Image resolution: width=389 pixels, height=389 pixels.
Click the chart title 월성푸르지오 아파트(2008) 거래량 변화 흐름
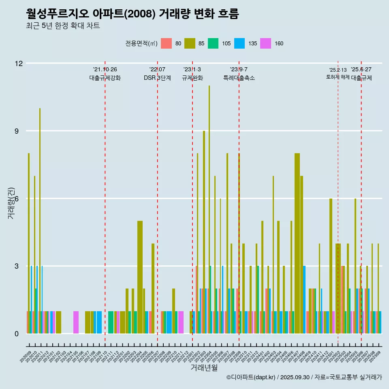[132, 14]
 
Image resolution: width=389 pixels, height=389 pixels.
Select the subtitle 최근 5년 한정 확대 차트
[63, 26]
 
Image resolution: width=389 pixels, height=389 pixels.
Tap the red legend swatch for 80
[167, 43]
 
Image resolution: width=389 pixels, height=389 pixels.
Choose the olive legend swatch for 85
[190, 43]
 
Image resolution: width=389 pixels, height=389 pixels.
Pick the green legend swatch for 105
[213, 43]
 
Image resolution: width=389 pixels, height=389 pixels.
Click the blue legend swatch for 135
[239, 43]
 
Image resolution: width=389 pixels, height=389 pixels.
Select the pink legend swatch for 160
[266, 43]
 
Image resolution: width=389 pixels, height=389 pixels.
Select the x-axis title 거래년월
[204, 368]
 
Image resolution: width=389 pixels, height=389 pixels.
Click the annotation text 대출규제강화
[105, 78]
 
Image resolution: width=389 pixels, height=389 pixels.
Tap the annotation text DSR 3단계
[157, 78]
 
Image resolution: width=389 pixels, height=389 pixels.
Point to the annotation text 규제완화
[192, 78]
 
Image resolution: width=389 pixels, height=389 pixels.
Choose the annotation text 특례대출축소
[239, 78]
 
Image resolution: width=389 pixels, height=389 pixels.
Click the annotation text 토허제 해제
[338, 77]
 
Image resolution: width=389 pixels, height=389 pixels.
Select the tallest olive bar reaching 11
[209, 203]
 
